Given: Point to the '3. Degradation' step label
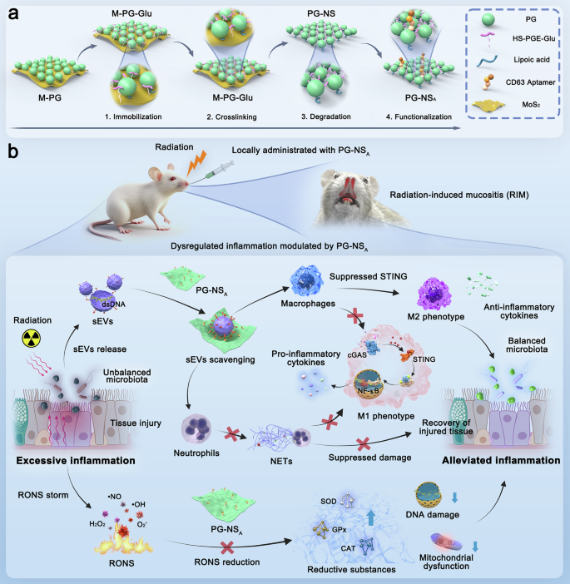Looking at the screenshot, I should coord(318,117).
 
